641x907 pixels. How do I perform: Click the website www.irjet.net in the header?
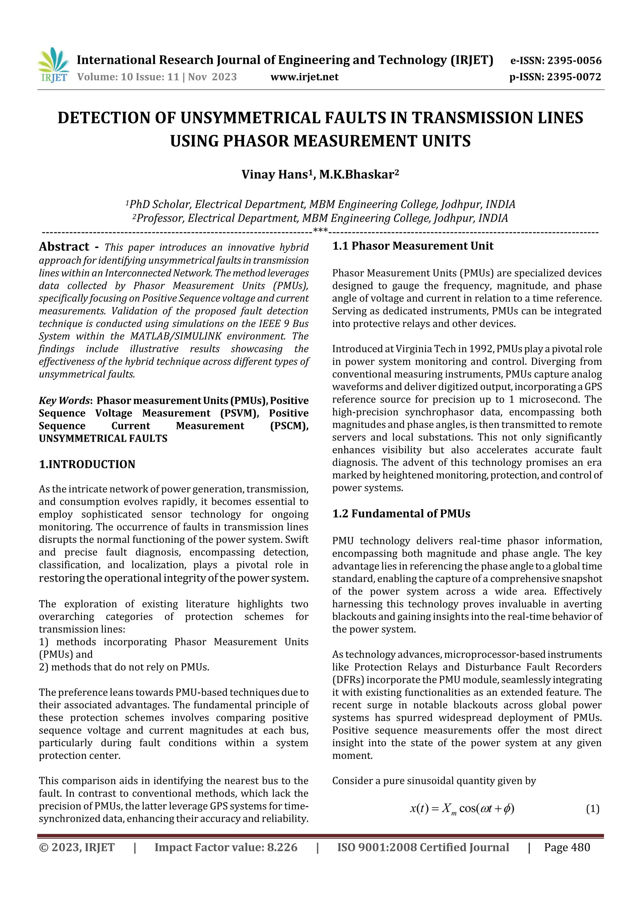coord(304,77)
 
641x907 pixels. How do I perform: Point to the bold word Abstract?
coord(64,247)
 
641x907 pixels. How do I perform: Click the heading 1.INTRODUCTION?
coord(87,464)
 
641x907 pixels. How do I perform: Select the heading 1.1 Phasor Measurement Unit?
coord(413,246)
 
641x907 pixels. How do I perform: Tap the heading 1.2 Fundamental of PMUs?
coord(401,513)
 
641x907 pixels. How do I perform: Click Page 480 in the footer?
coord(567,847)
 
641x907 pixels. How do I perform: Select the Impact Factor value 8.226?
coord(282,847)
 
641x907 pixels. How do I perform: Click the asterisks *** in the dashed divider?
coord(320,231)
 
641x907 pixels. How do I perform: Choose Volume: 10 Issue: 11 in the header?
coord(128,77)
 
